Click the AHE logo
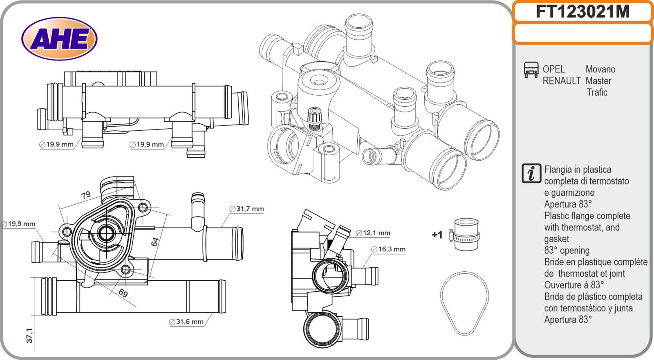click(x=59, y=40)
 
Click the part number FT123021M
click(x=582, y=12)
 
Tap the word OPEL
click(x=553, y=69)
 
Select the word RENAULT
click(x=562, y=81)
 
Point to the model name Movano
click(x=600, y=69)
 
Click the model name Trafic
click(x=597, y=92)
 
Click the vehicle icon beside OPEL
click(x=531, y=70)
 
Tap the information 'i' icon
click(x=531, y=173)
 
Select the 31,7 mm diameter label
click(x=246, y=209)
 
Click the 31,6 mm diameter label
click(x=186, y=322)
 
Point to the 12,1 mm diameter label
click(x=373, y=233)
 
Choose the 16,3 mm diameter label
click(x=388, y=249)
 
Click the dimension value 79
click(x=85, y=195)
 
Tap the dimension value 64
click(x=155, y=241)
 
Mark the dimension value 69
click(x=123, y=293)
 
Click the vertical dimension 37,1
click(x=29, y=335)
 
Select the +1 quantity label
click(x=437, y=235)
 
